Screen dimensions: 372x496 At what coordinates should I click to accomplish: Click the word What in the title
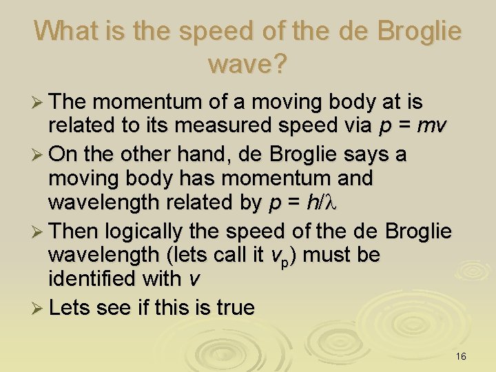(64, 30)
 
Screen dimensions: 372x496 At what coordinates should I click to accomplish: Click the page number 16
(461, 356)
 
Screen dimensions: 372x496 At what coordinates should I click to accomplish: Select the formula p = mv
(413, 127)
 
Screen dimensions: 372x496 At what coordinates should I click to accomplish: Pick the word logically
(148, 229)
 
